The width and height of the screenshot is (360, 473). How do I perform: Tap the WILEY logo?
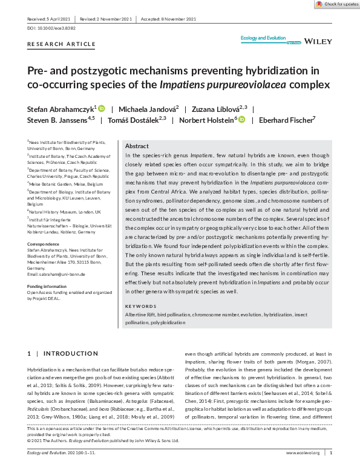point(316,42)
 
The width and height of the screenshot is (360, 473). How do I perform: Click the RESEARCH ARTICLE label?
point(61,44)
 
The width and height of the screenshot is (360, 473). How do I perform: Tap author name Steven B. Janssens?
point(57,120)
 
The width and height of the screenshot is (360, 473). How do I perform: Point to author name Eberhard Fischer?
point(286,120)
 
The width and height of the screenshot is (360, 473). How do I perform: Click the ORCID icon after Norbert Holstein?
point(241,120)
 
